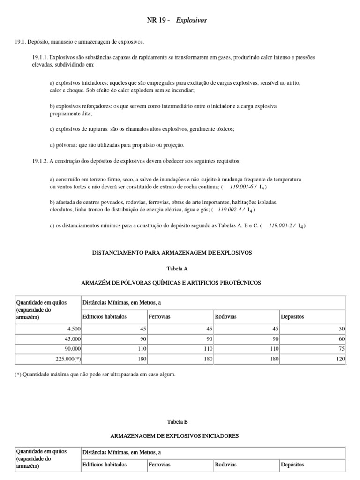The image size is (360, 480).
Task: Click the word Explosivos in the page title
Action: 191,20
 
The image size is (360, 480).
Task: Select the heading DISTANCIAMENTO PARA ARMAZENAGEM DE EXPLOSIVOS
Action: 174,252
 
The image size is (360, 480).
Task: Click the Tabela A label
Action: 174,269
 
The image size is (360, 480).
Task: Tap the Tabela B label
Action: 174,421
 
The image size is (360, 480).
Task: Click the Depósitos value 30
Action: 342,329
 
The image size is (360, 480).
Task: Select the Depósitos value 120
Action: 341,359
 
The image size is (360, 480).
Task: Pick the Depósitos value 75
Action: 342,349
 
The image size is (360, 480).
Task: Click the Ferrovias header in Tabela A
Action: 159,316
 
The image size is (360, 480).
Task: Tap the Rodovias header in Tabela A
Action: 225,316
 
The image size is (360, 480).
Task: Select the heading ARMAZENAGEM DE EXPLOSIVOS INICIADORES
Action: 174,435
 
